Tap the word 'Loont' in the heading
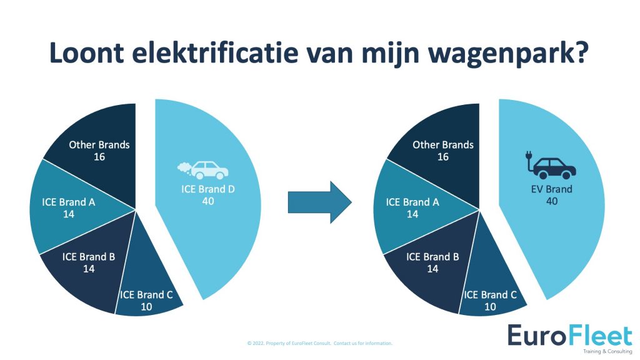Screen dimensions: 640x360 pos(86,52)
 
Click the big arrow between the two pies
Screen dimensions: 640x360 pos(319,202)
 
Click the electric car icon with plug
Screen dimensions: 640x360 pos(550,165)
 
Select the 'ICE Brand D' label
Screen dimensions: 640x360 pos(207,189)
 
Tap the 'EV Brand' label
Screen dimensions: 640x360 pos(551,189)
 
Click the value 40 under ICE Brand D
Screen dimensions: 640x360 pos(207,201)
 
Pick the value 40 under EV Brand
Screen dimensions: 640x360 pos(552,201)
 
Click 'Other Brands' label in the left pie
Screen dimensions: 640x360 pos(99,145)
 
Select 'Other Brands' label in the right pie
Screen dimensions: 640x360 pos(443,145)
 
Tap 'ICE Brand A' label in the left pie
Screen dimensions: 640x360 pos(69,202)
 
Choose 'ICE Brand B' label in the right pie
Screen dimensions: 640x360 pos(432,257)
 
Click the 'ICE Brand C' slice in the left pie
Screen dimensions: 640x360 pos(147,286)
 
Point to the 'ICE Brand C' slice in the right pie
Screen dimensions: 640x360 pos(491,286)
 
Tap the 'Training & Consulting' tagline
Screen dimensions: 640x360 pos(607,351)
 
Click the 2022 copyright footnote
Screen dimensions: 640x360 pos(319,343)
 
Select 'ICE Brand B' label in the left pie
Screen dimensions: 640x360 pos(89,257)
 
